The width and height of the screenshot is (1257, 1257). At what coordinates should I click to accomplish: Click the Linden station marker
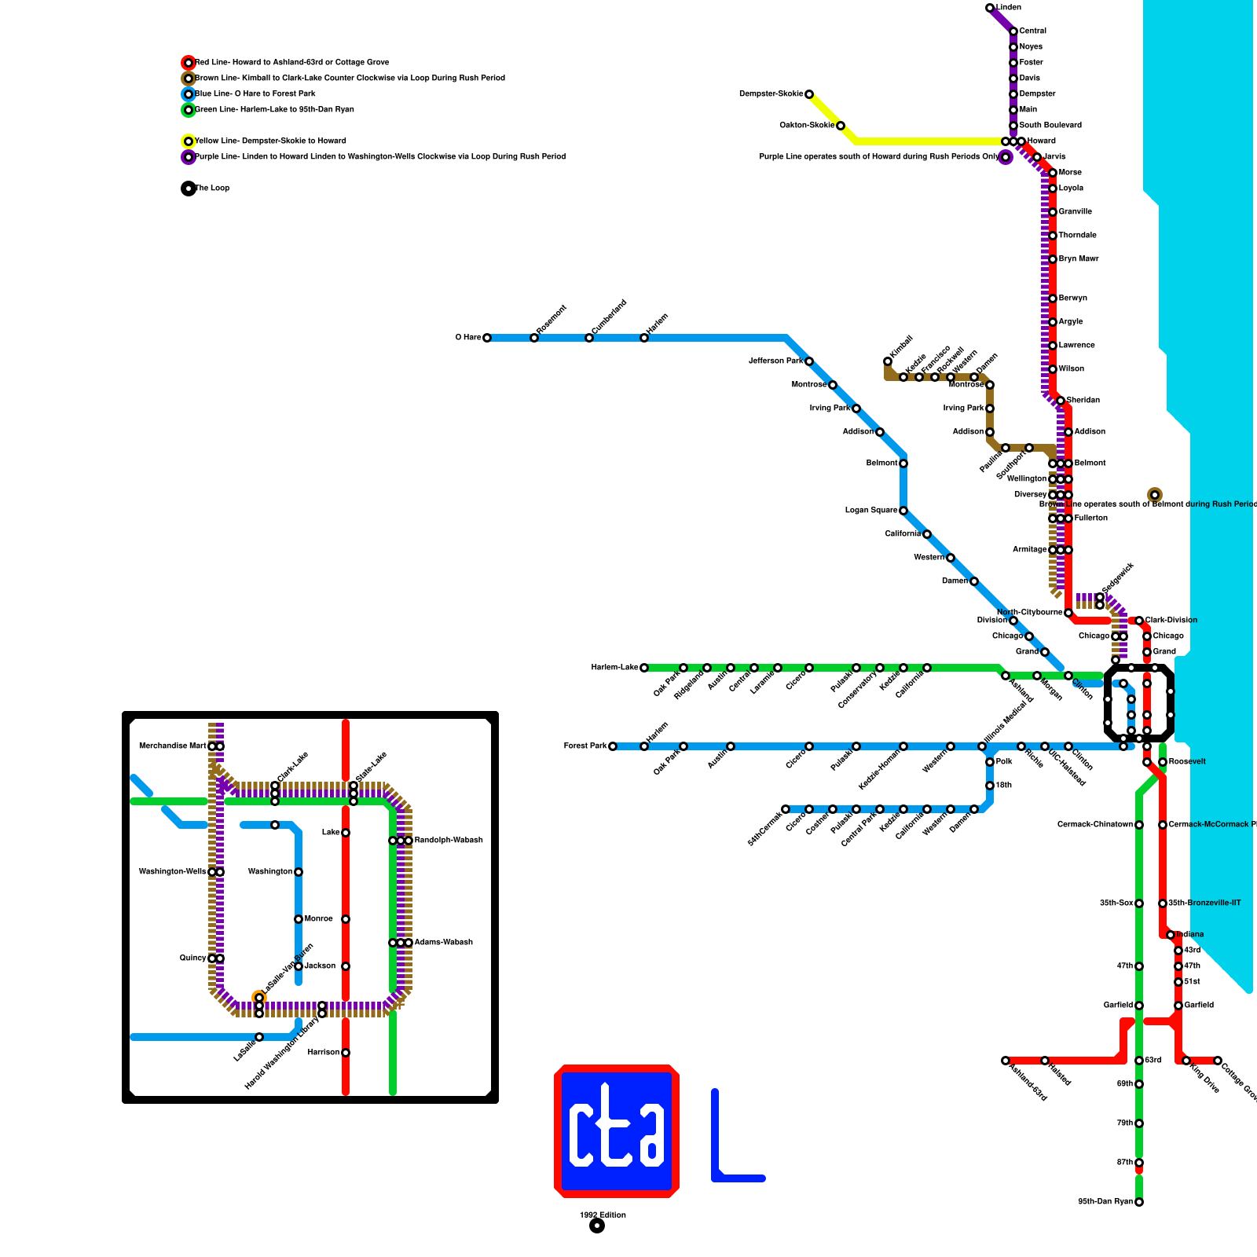pyautogui.click(x=990, y=8)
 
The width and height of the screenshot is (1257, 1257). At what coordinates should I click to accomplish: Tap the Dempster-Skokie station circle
pyautogui.click(x=809, y=94)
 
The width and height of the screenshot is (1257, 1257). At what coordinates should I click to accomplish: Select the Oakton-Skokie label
pyautogui.click(x=807, y=126)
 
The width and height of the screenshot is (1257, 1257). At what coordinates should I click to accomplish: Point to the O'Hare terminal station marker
pyautogui.click(x=487, y=338)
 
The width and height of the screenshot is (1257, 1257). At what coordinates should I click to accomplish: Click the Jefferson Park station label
pyautogui.click(x=776, y=361)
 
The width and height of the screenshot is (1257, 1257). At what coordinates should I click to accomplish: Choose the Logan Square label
pyautogui.click(x=870, y=511)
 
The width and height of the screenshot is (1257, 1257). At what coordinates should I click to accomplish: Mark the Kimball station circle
pyautogui.click(x=888, y=361)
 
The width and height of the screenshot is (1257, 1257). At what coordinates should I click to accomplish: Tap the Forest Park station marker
pyautogui.click(x=613, y=746)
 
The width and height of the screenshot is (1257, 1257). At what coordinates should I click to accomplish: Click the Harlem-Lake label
pyautogui.click(x=614, y=668)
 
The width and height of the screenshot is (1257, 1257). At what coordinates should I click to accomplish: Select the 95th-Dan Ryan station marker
pyautogui.click(x=1139, y=1202)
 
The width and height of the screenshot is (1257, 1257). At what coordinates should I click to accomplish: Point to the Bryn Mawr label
pyautogui.click(x=1078, y=259)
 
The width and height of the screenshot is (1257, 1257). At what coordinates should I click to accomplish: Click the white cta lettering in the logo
pyautogui.click(x=617, y=1127)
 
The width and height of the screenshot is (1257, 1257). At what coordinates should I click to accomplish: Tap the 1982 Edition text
pyautogui.click(x=603, y=1215)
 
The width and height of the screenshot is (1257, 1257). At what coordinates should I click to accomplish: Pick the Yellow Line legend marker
pyautogui.click(x=189, y=141)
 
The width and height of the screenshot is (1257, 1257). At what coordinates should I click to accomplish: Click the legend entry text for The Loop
pyautogui.click(x=212, y=189)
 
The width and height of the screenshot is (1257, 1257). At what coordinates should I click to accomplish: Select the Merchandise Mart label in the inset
pyautogui.click(x=172, y=746)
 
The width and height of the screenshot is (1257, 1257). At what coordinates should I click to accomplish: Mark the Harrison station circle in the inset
pyautogui.click(x=346, y=1053)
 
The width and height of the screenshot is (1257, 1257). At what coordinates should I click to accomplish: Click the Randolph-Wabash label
pyautogui.click(x=449, y=841)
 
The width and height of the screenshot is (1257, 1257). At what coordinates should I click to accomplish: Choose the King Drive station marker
pyautogui.click(x=1186, y=1061)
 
